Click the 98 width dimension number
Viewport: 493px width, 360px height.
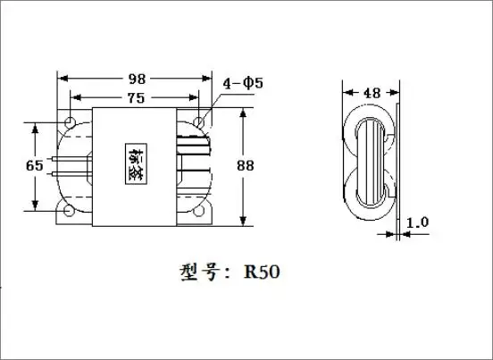(134, 79)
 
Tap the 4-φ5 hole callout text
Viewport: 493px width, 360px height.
(241, 85)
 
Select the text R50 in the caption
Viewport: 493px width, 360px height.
(261, 272)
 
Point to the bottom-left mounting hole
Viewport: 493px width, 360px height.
(69, 212)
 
